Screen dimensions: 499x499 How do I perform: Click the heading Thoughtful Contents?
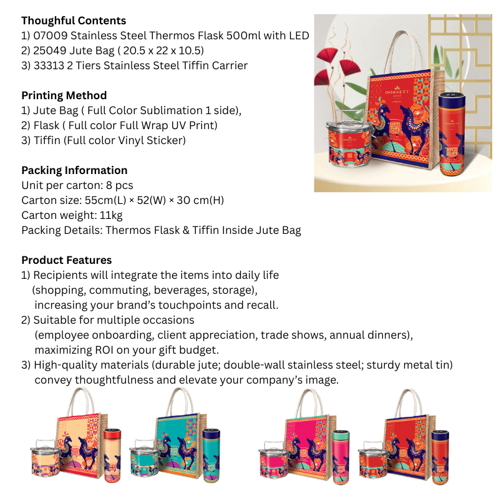(74, 21)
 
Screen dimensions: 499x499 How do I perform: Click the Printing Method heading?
(64, 95)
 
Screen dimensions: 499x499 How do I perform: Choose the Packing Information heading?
(74, 170)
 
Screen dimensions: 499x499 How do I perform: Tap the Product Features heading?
(67, 260)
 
